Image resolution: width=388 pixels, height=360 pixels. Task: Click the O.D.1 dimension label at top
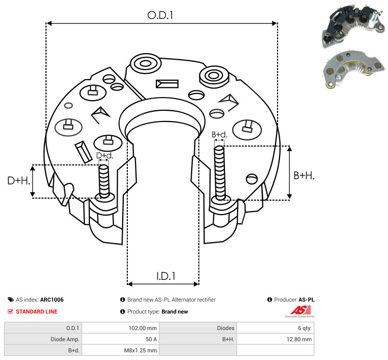pyautogui.click(x=160, y=15)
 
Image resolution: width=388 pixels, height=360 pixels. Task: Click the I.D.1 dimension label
pyautogui.click(x=166, y=276)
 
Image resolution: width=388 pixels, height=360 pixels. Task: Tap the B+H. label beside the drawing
pyautogui.click(x=304, y=176)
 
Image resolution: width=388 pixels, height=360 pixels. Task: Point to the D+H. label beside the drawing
pyautogui.click(x=18, y=181)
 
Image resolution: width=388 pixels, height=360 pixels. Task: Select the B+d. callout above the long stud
pyautogui.click(x=219, y=134)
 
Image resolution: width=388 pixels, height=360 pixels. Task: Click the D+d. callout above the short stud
pyautogui.click(x=104, y=156)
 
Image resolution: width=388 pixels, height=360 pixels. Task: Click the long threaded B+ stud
pyautogui.click(x=219, y=173)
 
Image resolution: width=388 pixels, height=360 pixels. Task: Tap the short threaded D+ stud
pyautogui.click(x=104, y=181)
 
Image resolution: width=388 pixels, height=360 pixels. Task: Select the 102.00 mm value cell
pyautogui.click(x=143, y=328)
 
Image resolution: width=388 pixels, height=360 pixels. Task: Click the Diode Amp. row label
pyautogui.click(x=65, y=339)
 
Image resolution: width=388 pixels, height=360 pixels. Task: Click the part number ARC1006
pyautogui.click(x=52, y=300)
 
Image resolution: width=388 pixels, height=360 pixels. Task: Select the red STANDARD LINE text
pyautogui.click(x=37, y=311)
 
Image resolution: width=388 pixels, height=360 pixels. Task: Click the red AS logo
pyautogui.click(x=301, y=310)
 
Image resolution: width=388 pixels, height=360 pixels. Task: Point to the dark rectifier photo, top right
pyautogui.click(x=353, y=26)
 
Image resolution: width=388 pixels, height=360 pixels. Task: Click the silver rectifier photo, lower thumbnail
pyautogui.click(x=353, y=69)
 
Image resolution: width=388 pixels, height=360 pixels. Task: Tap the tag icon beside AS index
pyautogui.click(x=11, y=300)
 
